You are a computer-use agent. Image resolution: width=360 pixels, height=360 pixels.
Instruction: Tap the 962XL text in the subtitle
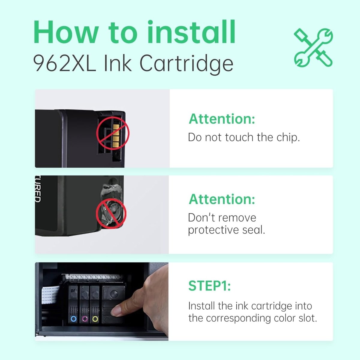[x=64, y=64]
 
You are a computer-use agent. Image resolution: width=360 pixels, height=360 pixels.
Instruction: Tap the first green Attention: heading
[x=222, y=119]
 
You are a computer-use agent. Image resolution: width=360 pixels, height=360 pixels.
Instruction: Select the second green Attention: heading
[x=222, y=199]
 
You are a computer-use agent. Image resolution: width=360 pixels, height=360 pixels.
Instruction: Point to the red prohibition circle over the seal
[x=111, y=213]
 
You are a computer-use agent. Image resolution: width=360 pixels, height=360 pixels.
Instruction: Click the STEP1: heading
[x=209, y=286]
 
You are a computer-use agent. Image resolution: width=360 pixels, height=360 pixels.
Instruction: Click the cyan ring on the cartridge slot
[x=73, y=319]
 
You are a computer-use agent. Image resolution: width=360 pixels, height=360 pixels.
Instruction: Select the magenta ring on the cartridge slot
[x=84, y=319]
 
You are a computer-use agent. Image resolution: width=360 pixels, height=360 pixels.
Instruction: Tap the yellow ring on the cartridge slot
[x=95, y=319]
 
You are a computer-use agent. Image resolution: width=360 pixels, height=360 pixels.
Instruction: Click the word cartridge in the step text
[x=271, y=306]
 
